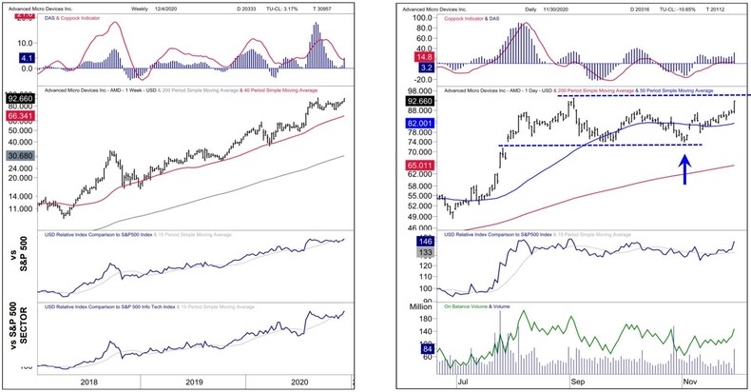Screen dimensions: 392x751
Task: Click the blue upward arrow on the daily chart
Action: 684,167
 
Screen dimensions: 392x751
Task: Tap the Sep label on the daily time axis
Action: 577,379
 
